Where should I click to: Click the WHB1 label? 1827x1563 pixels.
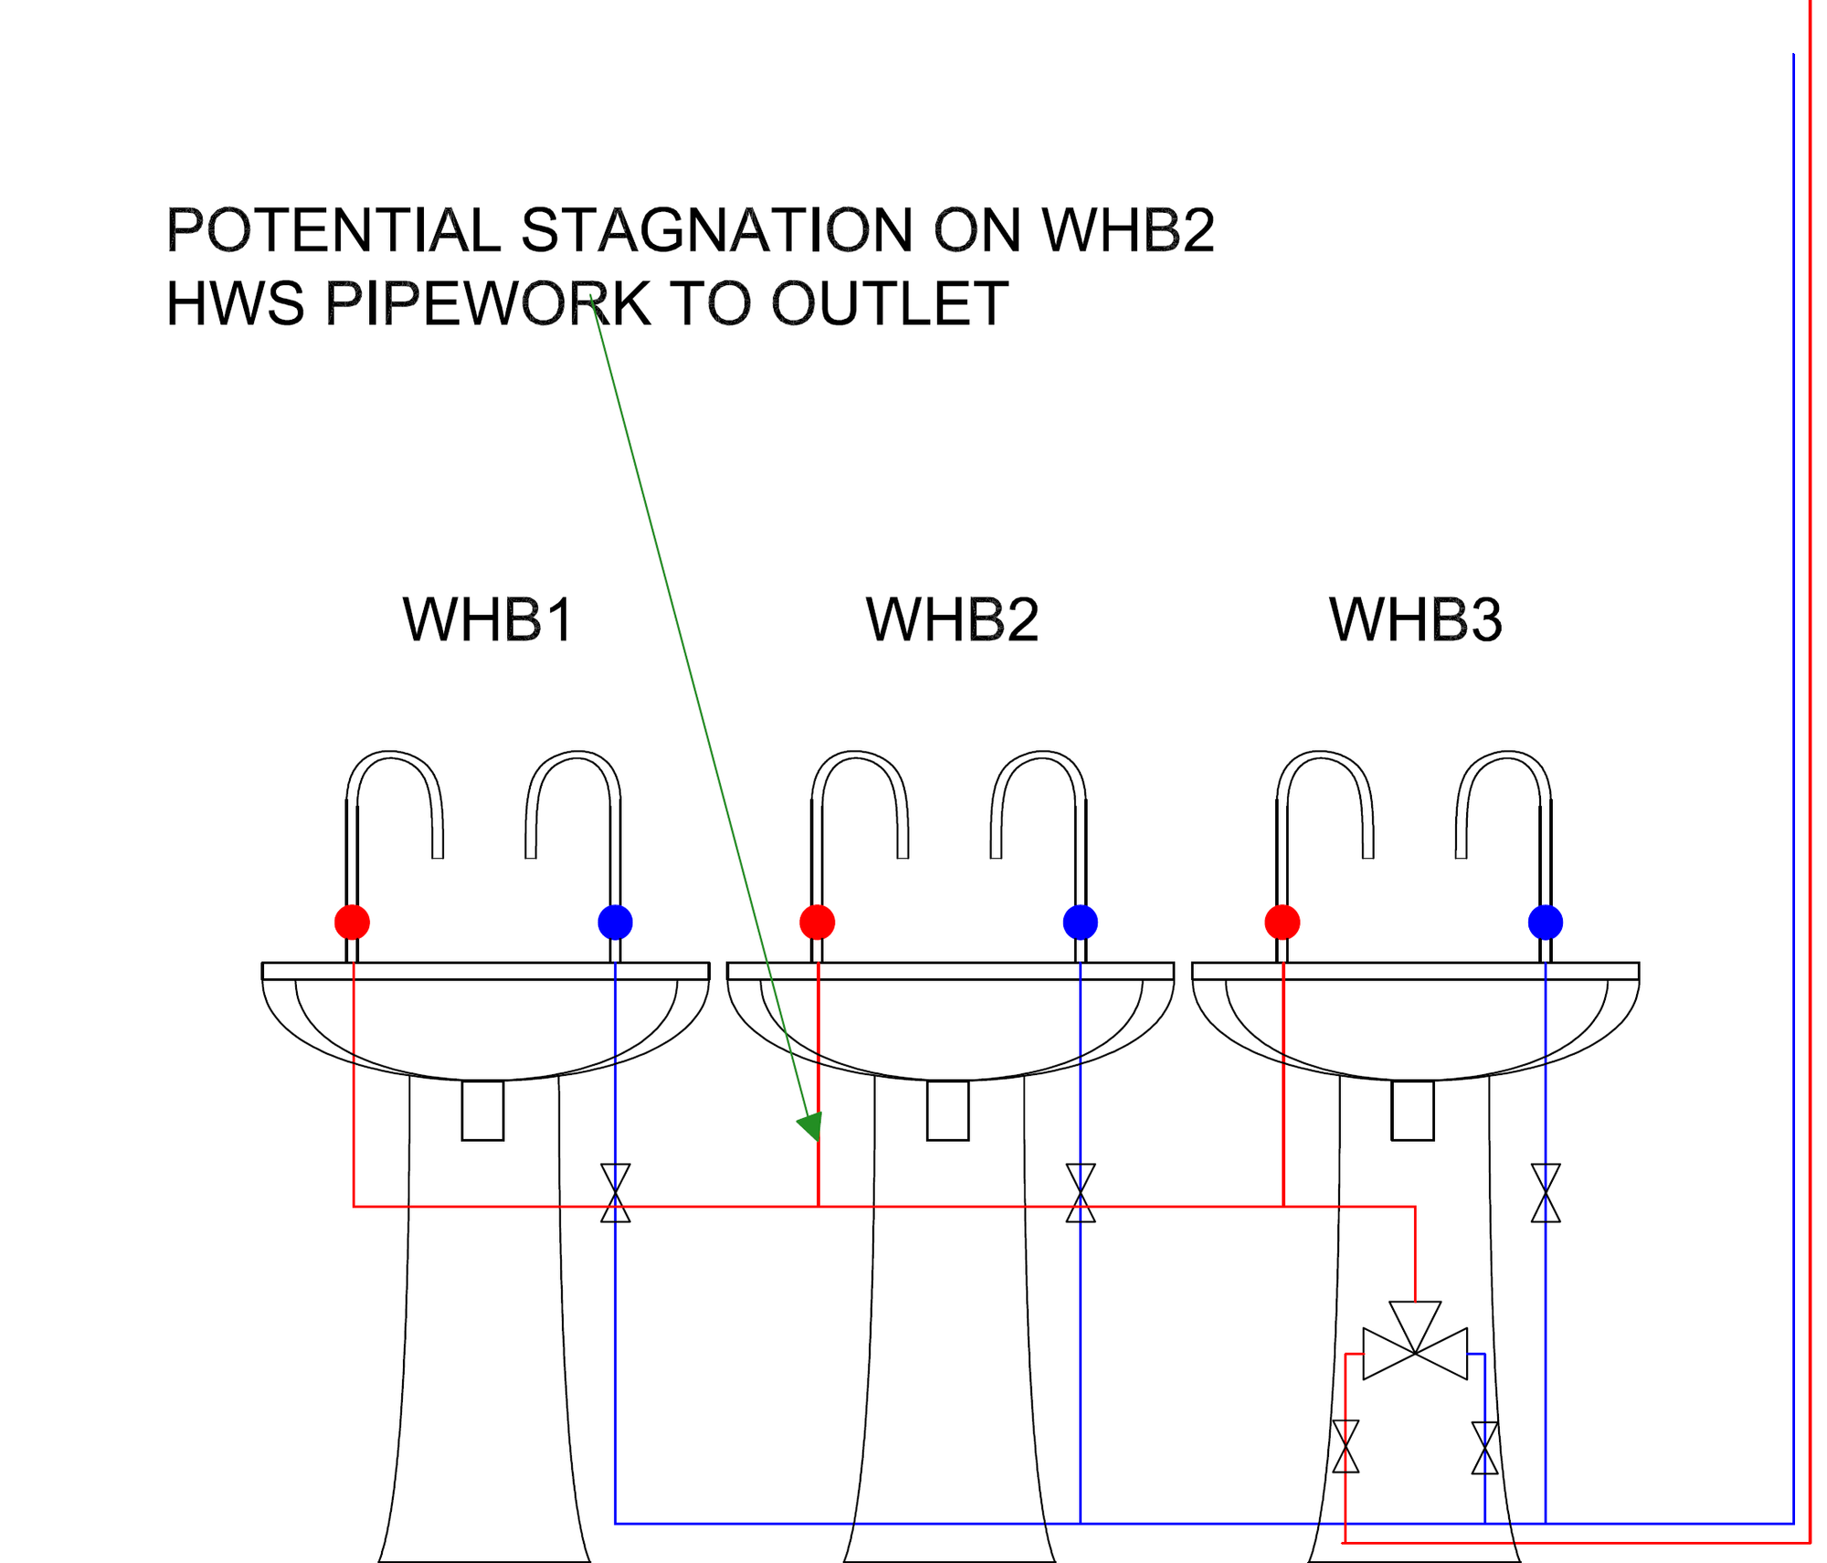(488, 620)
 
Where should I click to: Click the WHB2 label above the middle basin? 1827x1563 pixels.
(952, 620)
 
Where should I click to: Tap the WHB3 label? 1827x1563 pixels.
(1415, 620)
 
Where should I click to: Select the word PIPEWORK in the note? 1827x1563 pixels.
(488, 303)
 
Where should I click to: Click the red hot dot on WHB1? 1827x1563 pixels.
(353, 922)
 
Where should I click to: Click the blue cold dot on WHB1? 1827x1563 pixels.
(615, 922)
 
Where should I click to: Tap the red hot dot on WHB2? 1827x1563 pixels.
(817, 922)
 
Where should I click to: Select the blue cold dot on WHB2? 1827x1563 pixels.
(1080, 922)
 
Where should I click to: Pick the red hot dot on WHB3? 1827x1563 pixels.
(1283, 922)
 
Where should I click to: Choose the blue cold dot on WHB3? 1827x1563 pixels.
(1545, 922)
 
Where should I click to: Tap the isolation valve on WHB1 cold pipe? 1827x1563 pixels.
(615, 1192)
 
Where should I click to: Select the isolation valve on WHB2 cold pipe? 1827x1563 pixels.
(1080, 1192)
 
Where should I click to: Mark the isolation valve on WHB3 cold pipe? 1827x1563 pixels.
(1545, 1192)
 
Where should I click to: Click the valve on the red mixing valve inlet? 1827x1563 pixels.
(1345, 1446)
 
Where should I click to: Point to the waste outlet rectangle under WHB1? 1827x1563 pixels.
(482, 1110)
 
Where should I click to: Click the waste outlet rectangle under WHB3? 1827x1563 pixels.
(1412, 1110)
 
